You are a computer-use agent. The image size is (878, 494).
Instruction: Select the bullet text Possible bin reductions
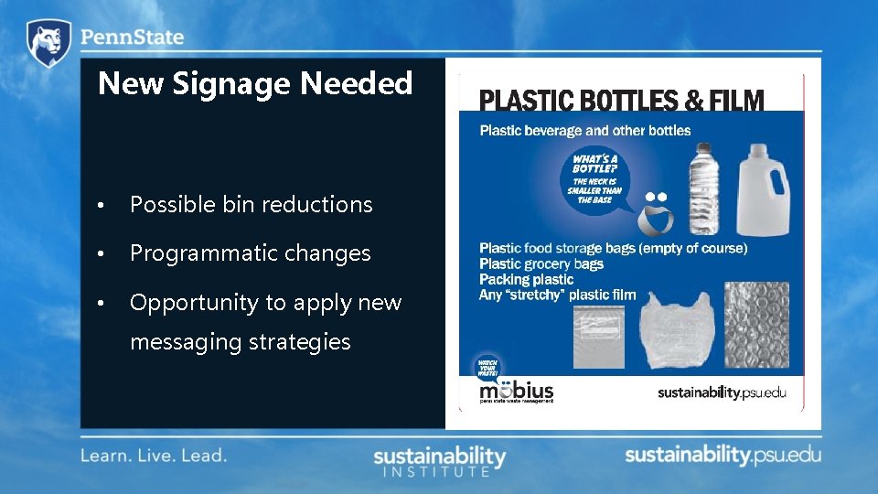(x=251, y=205)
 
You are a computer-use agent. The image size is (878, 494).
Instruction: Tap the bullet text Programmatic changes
(x=250, y=253)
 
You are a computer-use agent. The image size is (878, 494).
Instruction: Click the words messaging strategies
(x=240, y=342)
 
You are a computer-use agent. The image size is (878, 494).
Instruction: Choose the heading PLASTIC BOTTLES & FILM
(x=622, y=100)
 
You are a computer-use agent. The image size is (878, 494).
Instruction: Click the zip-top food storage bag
(x=602, y=336)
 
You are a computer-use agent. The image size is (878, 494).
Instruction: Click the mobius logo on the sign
(x=516, y=391)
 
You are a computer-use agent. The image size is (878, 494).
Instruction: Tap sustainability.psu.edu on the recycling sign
(x=722, y=393)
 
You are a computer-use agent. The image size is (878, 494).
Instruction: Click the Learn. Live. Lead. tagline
(x=154, y=455)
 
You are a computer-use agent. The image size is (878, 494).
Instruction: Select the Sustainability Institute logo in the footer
(x=439, y=461)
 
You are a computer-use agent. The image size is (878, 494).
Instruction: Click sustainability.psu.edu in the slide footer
(x=723, y=456)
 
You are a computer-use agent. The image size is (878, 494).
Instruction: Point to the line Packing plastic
(x=526, y=279)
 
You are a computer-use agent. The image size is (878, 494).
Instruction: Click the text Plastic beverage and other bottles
(x=585, y=130)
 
